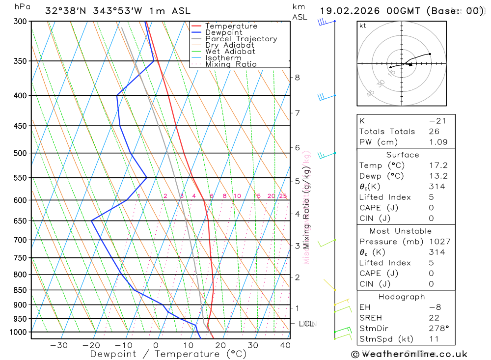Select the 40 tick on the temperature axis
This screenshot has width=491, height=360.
click(x=285, y=345)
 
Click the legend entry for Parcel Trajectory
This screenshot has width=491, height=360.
click(x=241, y=39)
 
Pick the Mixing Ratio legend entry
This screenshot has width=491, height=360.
click(x=231, y=64)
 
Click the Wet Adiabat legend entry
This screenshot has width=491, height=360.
click(x=230, y=52)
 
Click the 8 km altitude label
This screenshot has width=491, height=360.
click(x=297, y=78)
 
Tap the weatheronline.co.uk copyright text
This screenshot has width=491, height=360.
click(x=409, y=354)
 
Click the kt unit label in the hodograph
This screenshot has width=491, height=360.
click(x=362, y=26)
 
